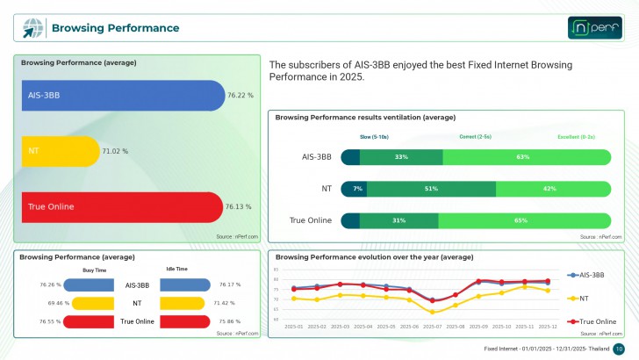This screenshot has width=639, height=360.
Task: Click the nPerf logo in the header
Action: [595, 28]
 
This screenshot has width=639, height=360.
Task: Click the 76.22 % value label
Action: [241, 95]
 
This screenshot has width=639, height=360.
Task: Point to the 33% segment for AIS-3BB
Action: [401, 157]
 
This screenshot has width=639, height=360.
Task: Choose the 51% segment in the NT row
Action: [431, 189]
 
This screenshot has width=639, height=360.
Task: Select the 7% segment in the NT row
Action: [358, 189]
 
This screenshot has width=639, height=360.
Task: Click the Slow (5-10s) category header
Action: [376, 137]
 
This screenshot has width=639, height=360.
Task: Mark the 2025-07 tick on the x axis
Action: [433, 326]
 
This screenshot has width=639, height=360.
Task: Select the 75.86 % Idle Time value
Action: [229, 321]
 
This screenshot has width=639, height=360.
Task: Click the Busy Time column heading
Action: [95, 270]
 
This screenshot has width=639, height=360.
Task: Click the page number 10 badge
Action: [618, 349]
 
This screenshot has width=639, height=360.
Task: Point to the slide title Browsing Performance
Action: [115, 28]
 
